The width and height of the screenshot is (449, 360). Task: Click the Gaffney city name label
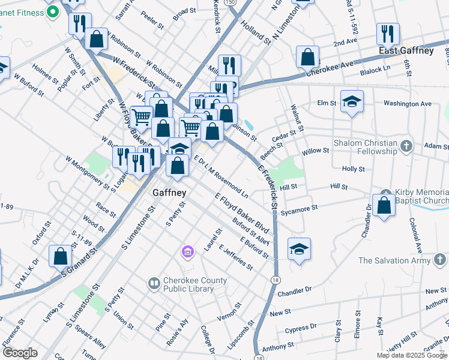click(169, 193)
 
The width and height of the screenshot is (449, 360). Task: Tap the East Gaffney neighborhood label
click(406, 51)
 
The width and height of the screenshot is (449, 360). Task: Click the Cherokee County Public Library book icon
click(154, 282)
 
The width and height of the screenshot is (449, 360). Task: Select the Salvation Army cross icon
click(439, 260)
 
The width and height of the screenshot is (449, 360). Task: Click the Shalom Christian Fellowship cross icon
click(406, 145)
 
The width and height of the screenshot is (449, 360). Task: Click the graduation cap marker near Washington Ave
click(352, 101)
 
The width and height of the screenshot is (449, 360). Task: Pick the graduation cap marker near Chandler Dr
click(299, 249)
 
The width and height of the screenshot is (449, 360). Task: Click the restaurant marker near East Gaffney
click(388, 34)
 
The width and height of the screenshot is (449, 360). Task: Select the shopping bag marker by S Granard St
click(60, 256)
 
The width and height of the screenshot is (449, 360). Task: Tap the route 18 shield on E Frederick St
click(275, 280)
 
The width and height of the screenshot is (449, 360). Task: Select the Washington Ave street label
click(407, 104)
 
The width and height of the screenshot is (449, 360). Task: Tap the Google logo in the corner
click(20, 353)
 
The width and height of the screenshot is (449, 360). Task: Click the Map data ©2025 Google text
click(412, 355)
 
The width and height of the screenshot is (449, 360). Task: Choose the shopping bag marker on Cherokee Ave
click(307, 57)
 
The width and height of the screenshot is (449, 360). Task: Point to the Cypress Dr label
click(301, 329)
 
